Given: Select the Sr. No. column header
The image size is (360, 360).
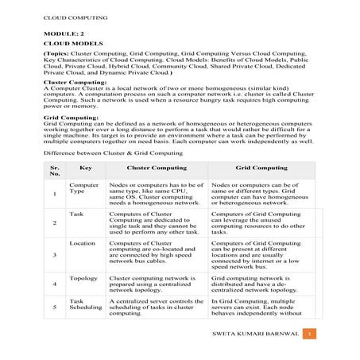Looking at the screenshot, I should coord(54,172).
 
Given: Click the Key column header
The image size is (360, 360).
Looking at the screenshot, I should coord(86,168).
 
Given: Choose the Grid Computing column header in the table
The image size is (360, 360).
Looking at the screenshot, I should coord(261,168).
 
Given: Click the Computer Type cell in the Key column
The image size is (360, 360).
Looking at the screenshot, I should coord(83,188).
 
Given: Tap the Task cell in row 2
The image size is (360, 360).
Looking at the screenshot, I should coord(76,215).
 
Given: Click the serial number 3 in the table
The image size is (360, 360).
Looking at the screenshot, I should coord(54,254).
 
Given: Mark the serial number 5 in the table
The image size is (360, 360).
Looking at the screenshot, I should coord(54,307).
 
